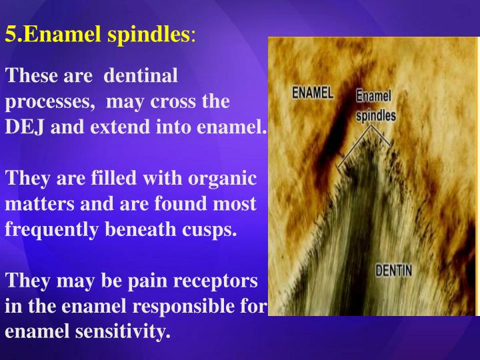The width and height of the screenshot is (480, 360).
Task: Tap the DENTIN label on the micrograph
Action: (393, 271)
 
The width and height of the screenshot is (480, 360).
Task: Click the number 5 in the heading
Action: (10, 34)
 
